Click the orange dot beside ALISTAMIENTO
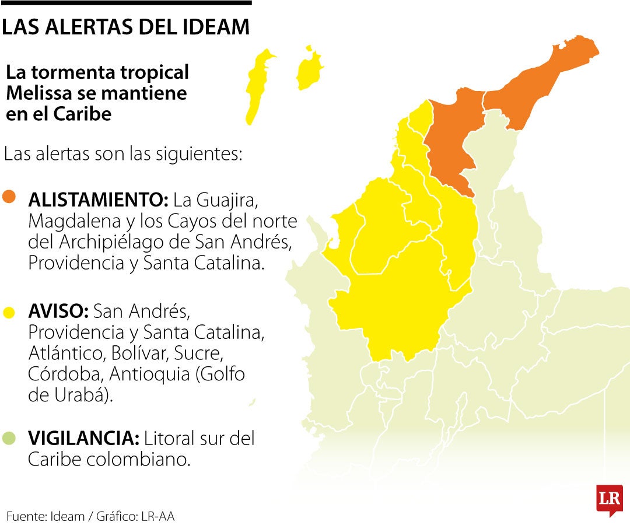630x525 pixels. (9, 197)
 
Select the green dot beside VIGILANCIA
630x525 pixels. (9, 438)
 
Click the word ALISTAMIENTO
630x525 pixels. (98, 200)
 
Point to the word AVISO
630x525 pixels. (58, 312)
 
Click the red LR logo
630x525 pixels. (609, 499)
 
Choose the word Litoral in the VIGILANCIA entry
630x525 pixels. (169, 438)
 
